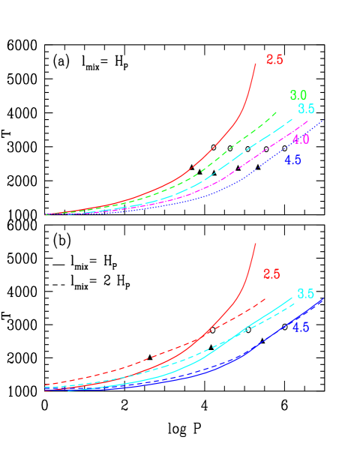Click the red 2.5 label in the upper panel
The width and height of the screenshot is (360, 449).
274,60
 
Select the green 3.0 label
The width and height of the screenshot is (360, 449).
298,95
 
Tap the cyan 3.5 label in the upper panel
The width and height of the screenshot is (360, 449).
305,109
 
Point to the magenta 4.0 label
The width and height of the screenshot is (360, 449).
301,140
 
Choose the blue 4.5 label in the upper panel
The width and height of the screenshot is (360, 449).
292,160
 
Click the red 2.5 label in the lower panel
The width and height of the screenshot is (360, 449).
271,274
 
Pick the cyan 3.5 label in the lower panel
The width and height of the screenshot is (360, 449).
305,294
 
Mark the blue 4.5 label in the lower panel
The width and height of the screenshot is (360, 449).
301,327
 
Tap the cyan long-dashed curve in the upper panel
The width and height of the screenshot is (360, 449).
247,149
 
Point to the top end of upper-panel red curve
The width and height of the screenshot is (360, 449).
256,64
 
